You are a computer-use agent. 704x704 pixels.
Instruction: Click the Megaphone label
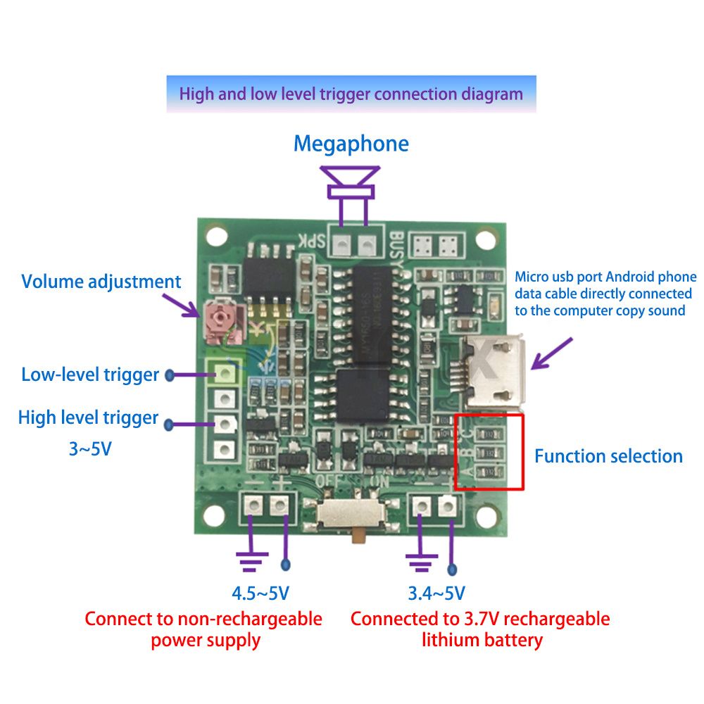[x=351, y=144]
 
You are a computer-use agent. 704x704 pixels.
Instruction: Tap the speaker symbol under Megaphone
[x=351, y=180]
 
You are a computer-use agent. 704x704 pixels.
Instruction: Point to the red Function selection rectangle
[x=489, y=451]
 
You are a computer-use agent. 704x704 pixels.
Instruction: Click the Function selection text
[x=608, y=456]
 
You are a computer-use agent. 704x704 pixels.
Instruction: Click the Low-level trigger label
[x=90, y=374]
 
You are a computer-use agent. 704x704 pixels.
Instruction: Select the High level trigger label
[x=88, y=417]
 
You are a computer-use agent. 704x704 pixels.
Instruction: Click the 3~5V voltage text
[x=89, y=448]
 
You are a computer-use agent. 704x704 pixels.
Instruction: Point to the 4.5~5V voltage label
[x=260, y=593]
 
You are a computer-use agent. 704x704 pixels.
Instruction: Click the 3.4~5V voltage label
[x=436, y=593]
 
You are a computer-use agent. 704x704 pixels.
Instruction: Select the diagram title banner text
[x=351, y=94]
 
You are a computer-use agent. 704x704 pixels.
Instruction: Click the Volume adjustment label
[x=101, y=282]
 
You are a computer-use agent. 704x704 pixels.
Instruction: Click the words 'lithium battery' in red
[x=482, y=640]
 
